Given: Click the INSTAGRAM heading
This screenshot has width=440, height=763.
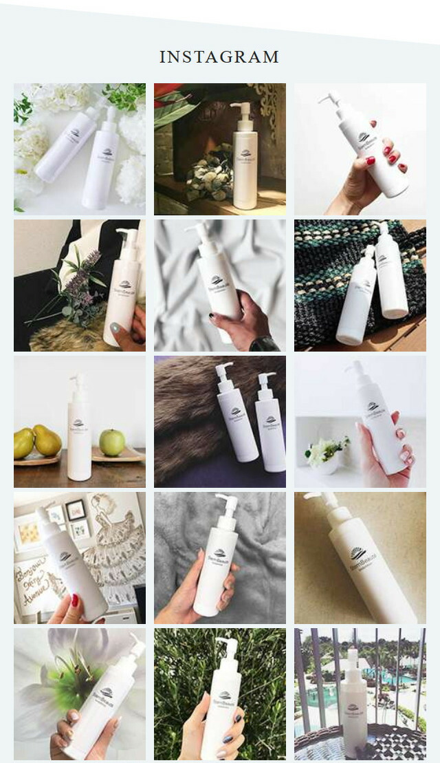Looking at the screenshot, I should pos(219,57).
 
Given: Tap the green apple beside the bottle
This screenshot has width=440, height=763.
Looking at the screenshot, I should pos(112,442).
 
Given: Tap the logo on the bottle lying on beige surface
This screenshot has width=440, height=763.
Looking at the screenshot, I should pos(358,555).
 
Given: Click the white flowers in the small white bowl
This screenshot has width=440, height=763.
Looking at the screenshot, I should pos(327,451).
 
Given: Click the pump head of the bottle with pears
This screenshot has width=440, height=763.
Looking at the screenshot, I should pos(78,379).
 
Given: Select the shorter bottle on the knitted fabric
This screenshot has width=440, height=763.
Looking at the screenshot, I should pos(357,303).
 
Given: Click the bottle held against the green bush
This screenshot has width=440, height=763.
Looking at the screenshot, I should pos(221,702).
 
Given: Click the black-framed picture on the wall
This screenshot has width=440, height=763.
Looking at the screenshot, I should pos(76,510).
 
